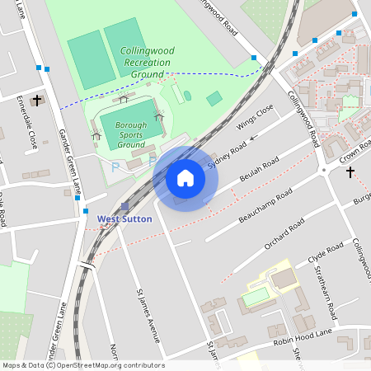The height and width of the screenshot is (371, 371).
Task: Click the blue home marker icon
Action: pyautogui.click(x=185, y=178)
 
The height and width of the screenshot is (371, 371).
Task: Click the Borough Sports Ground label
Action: pyautogui.click(x=131, y=134)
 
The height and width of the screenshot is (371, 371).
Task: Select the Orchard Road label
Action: pyautogui.click(x=284, y=236)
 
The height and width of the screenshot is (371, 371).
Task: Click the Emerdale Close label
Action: pyautogui.click(x=27, y=127)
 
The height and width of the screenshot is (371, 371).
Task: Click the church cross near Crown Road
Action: pyautogui.click(x=350, y=172)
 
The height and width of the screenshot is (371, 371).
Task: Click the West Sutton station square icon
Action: pyautogui.click(x=124, y=206)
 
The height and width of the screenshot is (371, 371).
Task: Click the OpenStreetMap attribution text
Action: pyautogui.click(x=82, y=365)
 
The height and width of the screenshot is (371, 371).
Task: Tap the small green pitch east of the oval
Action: pyautogui.click(x=214, y=99)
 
